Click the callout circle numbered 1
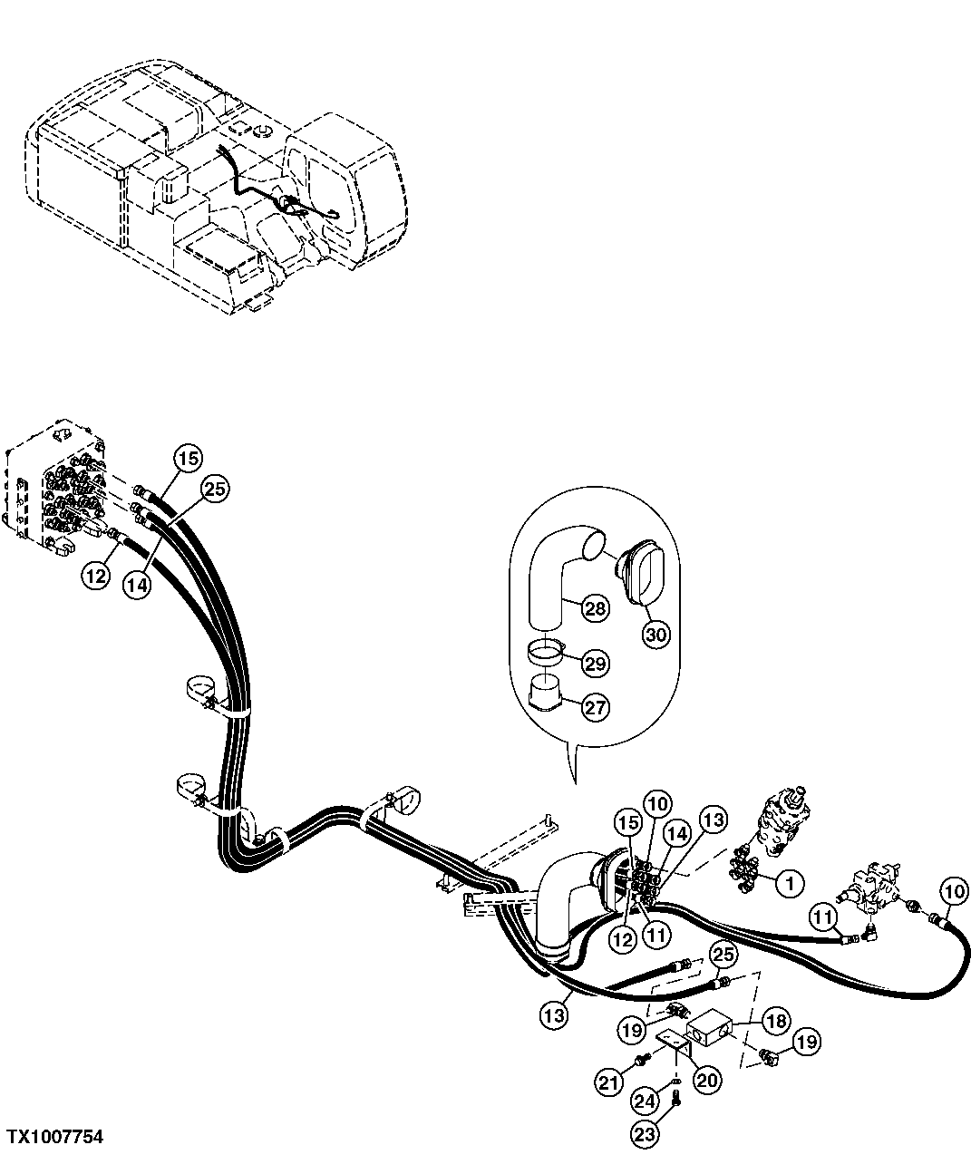tap(789, 880)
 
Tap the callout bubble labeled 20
tap(707, 1079)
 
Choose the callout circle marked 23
tap(645, 1132)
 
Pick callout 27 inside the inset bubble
tap(595, 707)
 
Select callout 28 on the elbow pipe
tap(595, 607)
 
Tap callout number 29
tap(595, 664)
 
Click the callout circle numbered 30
tap(655, 635)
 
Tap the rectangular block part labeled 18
tap(713, 1031)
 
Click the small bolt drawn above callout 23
tap(676, 1101)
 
